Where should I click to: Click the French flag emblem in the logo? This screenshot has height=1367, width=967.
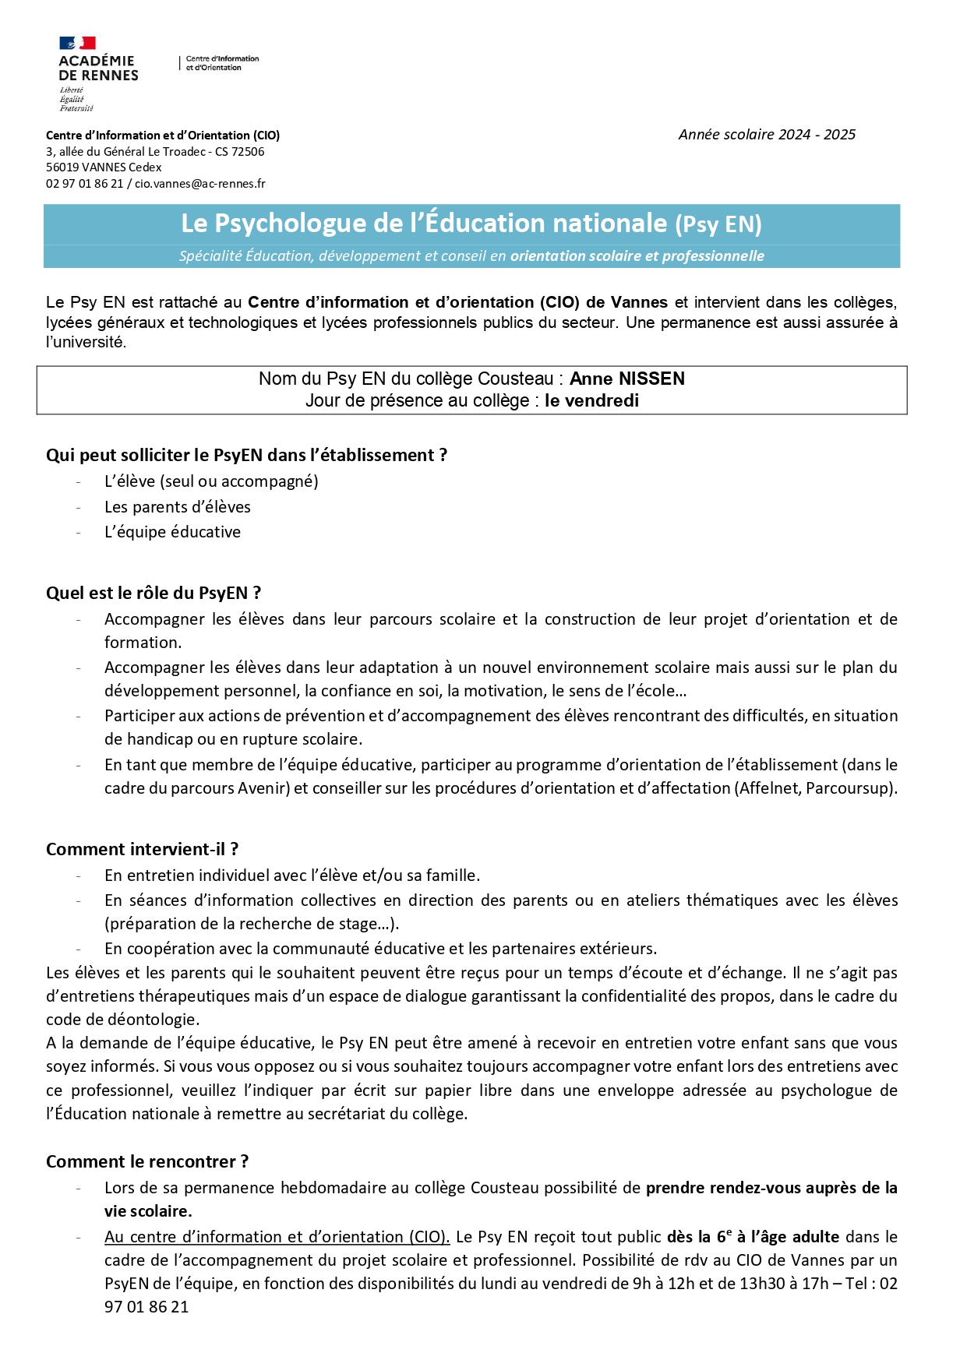click(77, 43)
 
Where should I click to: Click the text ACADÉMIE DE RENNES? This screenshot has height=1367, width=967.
click(98, 69)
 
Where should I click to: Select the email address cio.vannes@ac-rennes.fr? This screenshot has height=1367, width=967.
click(200, 184)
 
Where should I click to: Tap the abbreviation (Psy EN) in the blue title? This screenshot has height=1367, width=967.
click(718, 224)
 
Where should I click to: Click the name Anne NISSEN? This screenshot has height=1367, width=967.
click(626, 379)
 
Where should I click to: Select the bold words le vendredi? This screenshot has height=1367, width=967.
click(591, 401)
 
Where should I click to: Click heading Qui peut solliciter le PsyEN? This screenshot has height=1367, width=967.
click(246, 456)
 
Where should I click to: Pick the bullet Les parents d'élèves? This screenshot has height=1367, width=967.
click(178, 507)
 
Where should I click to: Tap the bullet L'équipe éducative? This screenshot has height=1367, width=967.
click(172, 532)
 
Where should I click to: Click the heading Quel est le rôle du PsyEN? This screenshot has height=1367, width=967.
click(153, 594)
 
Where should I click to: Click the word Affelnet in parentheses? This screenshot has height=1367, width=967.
click(768, 788)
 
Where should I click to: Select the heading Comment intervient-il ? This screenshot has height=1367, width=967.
click(142, 850)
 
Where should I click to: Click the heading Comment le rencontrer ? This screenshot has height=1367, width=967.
click(147, 1162)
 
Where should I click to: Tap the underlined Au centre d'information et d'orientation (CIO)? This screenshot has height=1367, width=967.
click(277, 1237)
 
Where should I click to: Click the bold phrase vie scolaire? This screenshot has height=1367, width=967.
click(148, 1212)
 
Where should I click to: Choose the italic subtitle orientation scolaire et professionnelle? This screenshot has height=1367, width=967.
click(637, 256)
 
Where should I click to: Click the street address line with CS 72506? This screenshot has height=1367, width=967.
click(155, 152)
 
